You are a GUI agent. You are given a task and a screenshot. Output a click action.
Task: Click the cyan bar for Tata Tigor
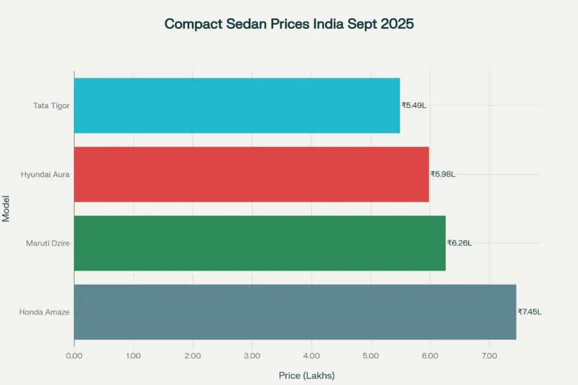(x=237, y=106)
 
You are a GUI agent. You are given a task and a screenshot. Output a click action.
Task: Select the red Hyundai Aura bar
(x=251, y=174)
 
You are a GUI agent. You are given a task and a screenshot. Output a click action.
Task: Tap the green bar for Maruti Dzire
(x=260, y=243)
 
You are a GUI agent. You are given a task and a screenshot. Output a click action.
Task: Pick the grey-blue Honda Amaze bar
(x=295, y=312)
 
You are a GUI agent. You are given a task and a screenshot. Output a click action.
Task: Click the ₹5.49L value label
(x=414, y=106)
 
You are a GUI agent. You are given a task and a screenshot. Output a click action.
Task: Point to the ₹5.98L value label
(x=443, y=174)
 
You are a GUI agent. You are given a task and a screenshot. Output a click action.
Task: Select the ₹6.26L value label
(x=459, y=243)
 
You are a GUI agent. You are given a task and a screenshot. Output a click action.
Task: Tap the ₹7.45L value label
(x=529, y=312)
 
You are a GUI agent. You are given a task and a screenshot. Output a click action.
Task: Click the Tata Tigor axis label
(x=51, y=106)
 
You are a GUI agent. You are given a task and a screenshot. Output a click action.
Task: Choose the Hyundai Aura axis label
(x=45, y=174)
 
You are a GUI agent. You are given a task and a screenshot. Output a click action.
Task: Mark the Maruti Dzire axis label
(x=48, y=243)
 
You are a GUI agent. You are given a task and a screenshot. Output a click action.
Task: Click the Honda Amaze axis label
(x=45, y=312)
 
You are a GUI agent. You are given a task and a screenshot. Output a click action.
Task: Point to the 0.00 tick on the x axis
(x=74, y=356)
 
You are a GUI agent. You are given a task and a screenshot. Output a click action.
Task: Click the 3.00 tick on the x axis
(x=252, y=356)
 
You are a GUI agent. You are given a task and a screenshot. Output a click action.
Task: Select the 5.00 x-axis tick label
(x=371, y=356)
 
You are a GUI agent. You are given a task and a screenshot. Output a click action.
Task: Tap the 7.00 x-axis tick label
(x=489, y=356)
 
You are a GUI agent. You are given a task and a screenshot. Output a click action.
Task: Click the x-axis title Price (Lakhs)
(x=306, y=375)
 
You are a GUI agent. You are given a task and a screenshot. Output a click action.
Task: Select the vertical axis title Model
(x=6, y=209)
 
